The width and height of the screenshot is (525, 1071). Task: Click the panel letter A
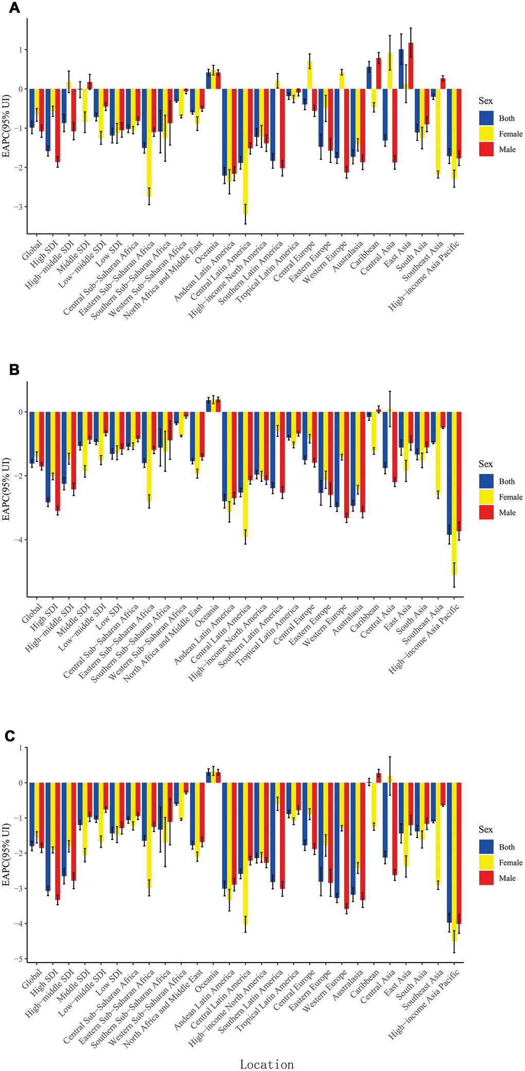(x=14, y=8)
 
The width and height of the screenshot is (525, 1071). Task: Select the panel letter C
(x=10, y=736)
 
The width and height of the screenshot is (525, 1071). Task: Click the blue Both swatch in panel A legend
(x=486, y=118)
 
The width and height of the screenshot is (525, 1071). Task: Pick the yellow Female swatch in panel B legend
(x=486, y=497)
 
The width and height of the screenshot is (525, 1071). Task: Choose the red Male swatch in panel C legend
(x=486, y=878)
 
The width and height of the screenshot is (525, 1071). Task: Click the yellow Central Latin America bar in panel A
(x=246, y=152)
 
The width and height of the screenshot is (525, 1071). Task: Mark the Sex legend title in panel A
(x=485, y=101)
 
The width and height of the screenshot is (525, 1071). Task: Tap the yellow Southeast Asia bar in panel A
(x=438, y=132)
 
